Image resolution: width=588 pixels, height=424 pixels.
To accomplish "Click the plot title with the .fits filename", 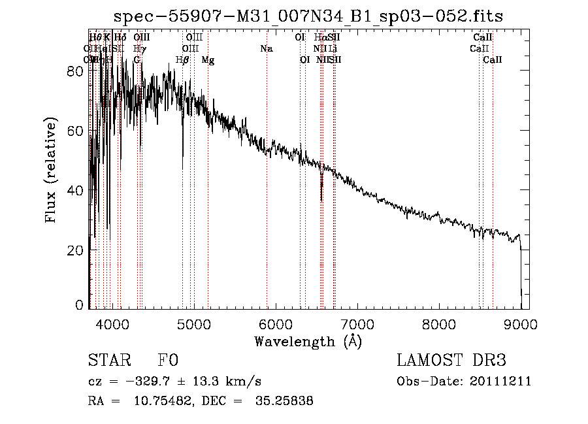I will click(308, 16).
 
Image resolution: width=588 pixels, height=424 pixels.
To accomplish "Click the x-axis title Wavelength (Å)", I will click(308, 341).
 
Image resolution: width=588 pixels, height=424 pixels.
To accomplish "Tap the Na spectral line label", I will click(266, 48).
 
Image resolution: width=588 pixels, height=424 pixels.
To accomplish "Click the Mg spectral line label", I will click(208, 60).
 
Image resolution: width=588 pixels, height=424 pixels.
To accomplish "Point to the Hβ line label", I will click(183, 60).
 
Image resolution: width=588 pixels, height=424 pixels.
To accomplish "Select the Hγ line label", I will click(139, 48).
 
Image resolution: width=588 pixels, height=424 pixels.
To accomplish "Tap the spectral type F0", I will click(168, 361).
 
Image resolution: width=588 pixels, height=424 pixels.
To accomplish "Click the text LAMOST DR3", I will click(450, 361).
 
